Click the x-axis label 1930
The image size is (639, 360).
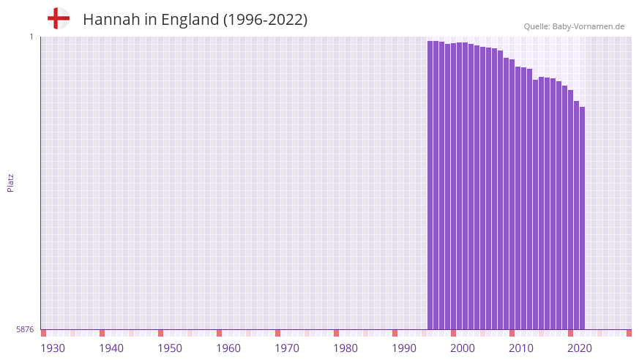coord(53,348)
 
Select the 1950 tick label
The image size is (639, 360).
coord(170,348)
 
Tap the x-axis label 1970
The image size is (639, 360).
coord(287,348)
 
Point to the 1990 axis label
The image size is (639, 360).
coord(404,348)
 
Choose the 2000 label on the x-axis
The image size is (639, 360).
coord(463,348)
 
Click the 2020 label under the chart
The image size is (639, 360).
coord(580,348)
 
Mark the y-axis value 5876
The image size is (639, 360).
coord(25,330)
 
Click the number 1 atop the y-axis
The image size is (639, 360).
coord(31,37)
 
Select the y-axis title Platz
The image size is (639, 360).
coord(10,183)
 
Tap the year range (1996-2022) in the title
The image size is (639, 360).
coord(265,20)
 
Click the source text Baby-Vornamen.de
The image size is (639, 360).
coord(588,26)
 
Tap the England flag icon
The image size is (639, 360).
coord(58,18)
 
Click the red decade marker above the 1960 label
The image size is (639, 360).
coord(219,333)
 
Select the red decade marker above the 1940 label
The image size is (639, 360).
coord(102,333)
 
